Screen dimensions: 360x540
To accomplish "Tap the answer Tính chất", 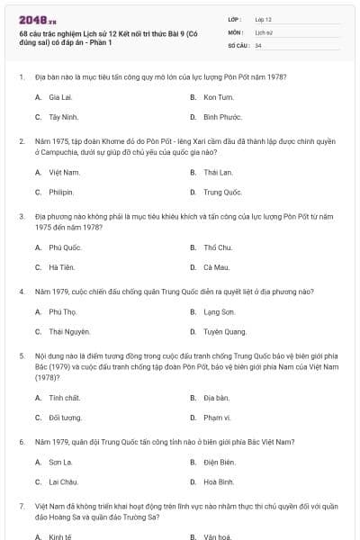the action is [x=65, y=397].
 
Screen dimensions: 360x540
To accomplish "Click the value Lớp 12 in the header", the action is [x=263, y=18].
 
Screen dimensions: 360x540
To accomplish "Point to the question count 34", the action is [x=258, y=44].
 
